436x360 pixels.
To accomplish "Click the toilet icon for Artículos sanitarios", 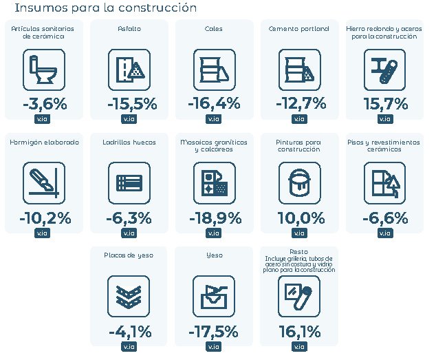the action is click(43, 70).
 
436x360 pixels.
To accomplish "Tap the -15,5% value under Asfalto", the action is click(132, 104).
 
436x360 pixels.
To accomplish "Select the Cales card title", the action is click(213, 29).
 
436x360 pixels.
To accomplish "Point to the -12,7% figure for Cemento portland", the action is click(301, 103).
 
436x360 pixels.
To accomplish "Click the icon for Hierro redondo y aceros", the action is click(384, 70).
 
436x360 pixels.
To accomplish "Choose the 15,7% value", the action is click(386, 104).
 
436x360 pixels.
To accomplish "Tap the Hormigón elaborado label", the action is click(45, 142).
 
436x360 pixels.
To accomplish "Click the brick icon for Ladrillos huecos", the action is click(129, 183).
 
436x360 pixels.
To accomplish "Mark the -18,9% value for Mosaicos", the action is click(215, 218).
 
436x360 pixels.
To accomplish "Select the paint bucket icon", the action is click(299, 183).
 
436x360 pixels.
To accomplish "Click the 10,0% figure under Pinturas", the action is click(301, 218).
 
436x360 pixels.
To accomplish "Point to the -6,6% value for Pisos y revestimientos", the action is click(385, 218).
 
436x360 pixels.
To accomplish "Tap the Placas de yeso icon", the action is click(129, 296).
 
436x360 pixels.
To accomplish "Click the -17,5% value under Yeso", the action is click(213, 332).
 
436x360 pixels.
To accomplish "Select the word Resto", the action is click(298, 252).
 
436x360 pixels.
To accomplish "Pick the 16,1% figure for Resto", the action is click(300, 332).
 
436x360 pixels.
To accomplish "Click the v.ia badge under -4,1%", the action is click(129, 347).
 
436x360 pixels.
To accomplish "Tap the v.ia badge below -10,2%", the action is click(42, 233).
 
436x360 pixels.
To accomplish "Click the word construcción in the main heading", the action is click(157, 8).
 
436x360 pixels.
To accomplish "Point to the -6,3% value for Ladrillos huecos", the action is click(129, 218).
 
